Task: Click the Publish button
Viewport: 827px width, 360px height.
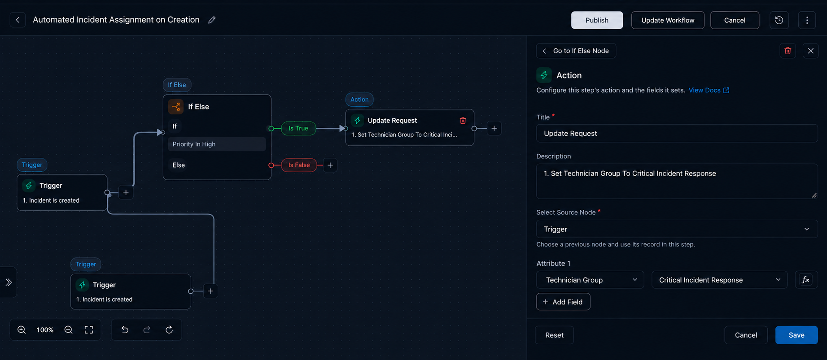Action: point(597,20)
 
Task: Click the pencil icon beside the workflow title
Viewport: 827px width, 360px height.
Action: point(212,20)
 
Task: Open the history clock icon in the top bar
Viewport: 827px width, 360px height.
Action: point(779,20)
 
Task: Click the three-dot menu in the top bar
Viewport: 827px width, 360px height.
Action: point(807,20)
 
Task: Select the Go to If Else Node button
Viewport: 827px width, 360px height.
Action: point(576,51)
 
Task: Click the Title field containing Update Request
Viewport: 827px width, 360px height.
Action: point(677,133)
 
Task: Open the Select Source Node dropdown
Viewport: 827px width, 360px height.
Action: point(677,229)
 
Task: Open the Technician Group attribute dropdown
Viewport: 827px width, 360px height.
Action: point(590,280)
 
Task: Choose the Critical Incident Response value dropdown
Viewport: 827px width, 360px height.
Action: point(719,280)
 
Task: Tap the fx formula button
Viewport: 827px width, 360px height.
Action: point(806,280)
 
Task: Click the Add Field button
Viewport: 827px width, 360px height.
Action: point(563,302)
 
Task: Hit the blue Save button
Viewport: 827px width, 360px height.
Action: point(796,335)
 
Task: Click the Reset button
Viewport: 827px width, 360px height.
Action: point(554,335)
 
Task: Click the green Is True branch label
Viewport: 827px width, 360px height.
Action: point(298,128)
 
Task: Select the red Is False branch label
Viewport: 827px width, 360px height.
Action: point(299,165)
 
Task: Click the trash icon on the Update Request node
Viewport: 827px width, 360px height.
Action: point(463,120)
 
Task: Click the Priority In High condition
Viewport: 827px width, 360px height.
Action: point(217,144)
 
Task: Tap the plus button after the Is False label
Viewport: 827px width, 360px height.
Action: point(330,165)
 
